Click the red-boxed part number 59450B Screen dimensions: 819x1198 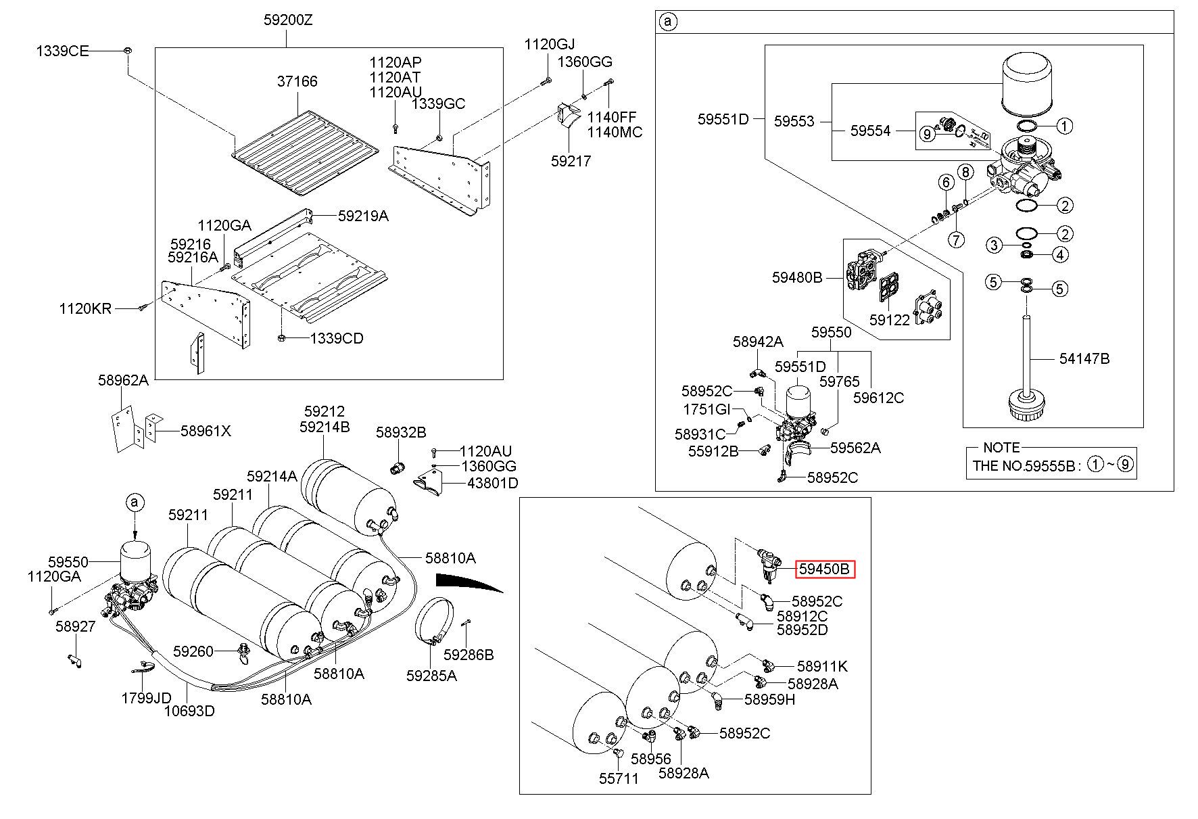coord(824,569)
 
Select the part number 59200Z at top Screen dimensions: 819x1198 coord(288,20)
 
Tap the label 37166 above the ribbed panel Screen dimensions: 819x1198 coord(297,81)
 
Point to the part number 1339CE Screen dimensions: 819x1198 coord(62,51)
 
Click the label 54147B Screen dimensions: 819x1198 coord(1084,358)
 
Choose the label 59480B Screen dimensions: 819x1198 coord(797,277)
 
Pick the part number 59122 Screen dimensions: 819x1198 coord(890,320)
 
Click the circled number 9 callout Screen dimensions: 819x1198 coord(927,135)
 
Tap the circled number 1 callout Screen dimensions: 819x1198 coord(1064,126)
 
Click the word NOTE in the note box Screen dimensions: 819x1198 coord(1001,448)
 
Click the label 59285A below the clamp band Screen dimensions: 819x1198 coord(431,675)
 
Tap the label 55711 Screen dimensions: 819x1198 coord(618,778)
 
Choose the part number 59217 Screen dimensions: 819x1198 coord(571,161)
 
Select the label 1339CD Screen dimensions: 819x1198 coord(337,338)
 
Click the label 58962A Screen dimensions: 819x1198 coord(123,380)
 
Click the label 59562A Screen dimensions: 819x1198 coord(855,448)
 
